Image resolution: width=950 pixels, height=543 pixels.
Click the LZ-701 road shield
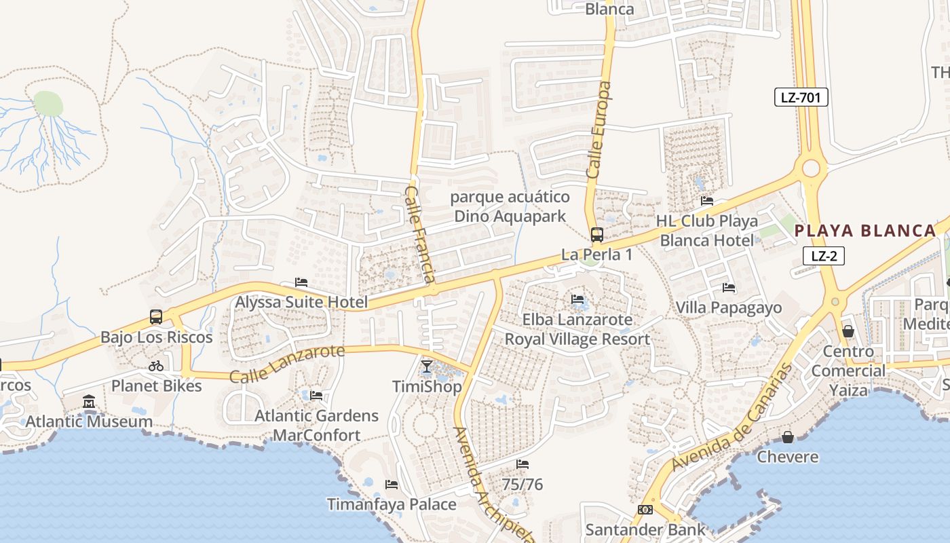pos(801,97)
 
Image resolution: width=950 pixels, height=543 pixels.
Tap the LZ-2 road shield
pos(824,256)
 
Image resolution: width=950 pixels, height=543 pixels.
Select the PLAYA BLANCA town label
pos(865,231)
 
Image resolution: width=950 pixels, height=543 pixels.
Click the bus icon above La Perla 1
pos(597,235)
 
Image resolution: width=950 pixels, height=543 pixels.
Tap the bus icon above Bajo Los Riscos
pos(156,317)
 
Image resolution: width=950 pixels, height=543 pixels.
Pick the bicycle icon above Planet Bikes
pos(156,366)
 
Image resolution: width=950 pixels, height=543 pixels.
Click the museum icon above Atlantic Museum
pos(89,402)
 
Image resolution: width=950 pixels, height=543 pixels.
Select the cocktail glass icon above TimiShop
pos(426,367)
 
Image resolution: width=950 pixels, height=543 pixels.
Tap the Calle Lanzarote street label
pos(287,364)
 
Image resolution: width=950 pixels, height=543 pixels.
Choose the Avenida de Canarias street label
pos(733,417)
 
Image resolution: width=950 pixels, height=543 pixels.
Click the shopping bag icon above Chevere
pos(788,437)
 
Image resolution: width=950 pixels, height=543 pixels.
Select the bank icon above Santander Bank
pos(645,510)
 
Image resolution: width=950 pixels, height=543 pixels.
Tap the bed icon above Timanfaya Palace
pos(392,485)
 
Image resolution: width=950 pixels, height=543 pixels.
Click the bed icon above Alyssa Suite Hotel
pos(301,282)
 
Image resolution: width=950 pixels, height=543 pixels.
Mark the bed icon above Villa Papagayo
pos(729,288)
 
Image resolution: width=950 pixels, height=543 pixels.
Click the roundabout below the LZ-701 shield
pos(811,168)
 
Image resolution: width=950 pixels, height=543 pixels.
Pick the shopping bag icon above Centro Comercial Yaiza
pos(848,332)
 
